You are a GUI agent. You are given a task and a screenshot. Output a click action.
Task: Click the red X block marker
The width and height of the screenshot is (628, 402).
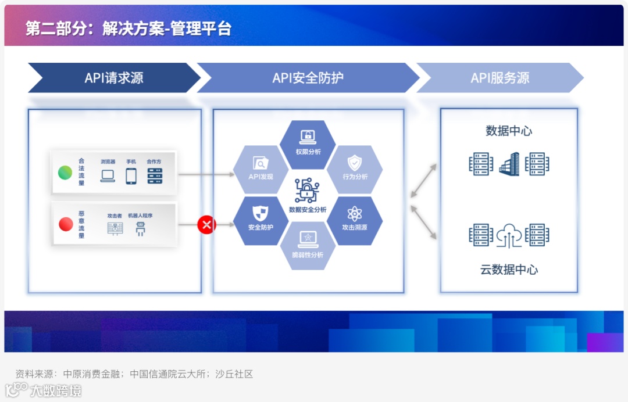pos(206,224)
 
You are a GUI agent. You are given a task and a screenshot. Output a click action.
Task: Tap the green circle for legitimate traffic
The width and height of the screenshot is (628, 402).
pos(65,173)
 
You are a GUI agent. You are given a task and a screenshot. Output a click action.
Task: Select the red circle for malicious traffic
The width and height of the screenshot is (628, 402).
pos(65,224)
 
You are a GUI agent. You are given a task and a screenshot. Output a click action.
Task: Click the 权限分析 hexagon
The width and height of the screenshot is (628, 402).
pos(308,144)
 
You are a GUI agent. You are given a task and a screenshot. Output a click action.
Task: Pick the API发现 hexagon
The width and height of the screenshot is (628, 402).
pos(261,170)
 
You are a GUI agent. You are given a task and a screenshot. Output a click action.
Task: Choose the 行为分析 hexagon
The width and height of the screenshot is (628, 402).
pos(354,169)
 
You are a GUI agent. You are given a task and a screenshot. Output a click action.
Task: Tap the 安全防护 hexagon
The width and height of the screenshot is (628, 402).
pos(261,220)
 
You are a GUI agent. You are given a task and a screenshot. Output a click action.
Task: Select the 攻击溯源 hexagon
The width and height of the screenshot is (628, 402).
pos(354,220)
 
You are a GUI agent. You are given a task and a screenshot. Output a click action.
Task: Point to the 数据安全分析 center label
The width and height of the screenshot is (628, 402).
pos(308,209)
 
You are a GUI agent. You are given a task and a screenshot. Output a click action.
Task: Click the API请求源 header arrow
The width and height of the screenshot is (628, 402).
pos(114,78)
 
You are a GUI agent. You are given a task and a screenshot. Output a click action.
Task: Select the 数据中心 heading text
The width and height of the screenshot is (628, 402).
pos(509,131)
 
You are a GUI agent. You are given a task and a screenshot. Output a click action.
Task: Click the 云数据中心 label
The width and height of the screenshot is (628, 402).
pos(509,270)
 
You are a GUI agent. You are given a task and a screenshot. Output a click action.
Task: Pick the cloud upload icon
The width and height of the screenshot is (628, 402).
pos(509,235)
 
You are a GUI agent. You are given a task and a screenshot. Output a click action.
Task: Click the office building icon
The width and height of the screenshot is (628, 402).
pos(509,164)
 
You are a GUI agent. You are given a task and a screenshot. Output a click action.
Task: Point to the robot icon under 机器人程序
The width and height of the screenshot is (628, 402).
pos(140,229)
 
